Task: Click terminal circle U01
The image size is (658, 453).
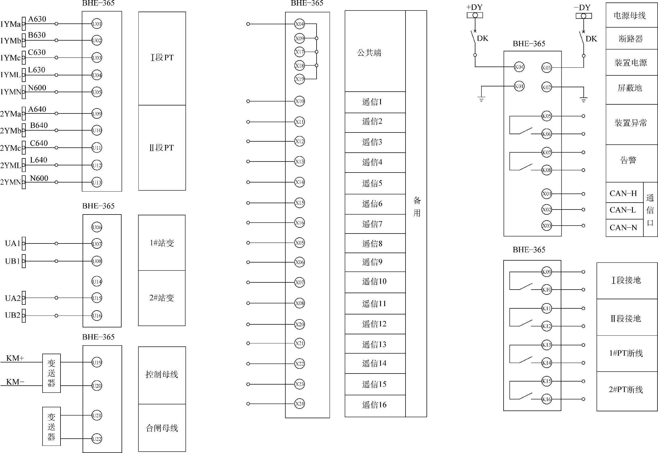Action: pyautogui.click(x=97, y=24)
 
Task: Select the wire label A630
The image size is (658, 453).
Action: pyautogui.click(x=37, y=19)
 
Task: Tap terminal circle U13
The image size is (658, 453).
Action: pyautogui.click(x=97, y=182)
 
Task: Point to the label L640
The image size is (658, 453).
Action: pyautogui.click(x=39, y=160)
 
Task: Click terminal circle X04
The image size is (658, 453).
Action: pyautogui.click(x=300, y=24)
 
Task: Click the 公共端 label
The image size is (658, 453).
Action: pyautogui.click(x=369, y=52)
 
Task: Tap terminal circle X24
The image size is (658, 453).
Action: pyautogui.click(x=300, y=404)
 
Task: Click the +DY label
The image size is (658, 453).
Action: pyautogui.click(x=475, y=7)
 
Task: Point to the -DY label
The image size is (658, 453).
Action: pyautogui.click(x=582, y=7)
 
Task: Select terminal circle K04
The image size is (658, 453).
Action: pyautogui.click(x=519, y=67)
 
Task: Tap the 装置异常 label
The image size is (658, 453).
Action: pyautogui.click(x=631, y=123)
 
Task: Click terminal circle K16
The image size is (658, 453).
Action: pyautogui.click(x=547, y=399)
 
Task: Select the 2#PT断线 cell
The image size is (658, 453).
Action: pyautogui.click(x=627, y=390)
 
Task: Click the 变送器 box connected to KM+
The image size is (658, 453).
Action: pyautogui.click(x=51, y=373)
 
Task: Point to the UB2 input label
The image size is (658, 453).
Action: pyautogui.click(x=13, y=315)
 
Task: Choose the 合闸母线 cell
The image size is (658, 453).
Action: pyautogui.click(x=162, y=428)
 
